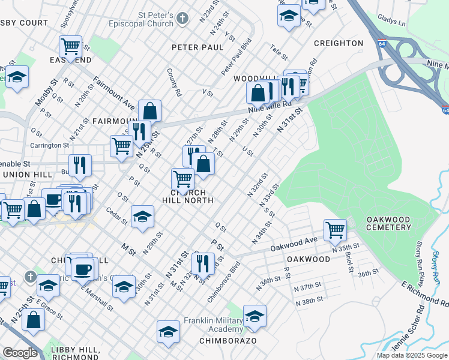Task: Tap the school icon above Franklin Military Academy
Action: pos(255,316)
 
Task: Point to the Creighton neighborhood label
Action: pos(339,43)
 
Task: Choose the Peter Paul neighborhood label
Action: pos(197,47)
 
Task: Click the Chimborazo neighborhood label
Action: pos(228,340)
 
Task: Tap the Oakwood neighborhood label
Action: pos(308,259)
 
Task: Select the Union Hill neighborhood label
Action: pos(25,174)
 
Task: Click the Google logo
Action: pos(20,352)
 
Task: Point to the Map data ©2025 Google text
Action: pos(412,355)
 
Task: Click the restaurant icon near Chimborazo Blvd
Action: pos(203,262)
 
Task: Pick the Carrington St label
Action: pos(50,145)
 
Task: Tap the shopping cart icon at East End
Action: pos(70,45)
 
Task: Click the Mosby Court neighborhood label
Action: pos(23,23)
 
